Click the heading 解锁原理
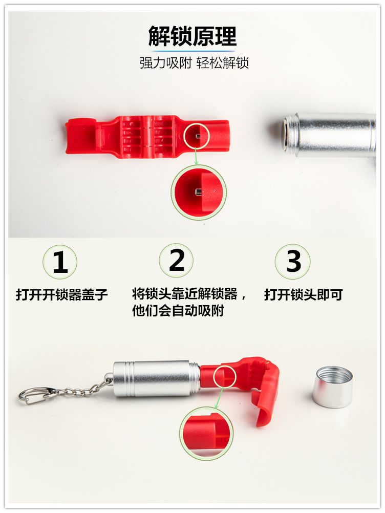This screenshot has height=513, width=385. [x=193, y=37]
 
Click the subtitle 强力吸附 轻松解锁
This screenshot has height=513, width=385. [x=194, y=63]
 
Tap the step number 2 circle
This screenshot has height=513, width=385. [x=176, y=261]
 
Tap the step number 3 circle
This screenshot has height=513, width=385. [x=293, y=261]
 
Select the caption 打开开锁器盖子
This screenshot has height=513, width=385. [x=62, y=295]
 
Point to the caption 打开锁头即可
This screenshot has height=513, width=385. [x=303, y=295]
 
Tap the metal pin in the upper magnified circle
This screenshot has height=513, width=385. [x=197, y=192]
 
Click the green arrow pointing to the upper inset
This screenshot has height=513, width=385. [x=195, y=157]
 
